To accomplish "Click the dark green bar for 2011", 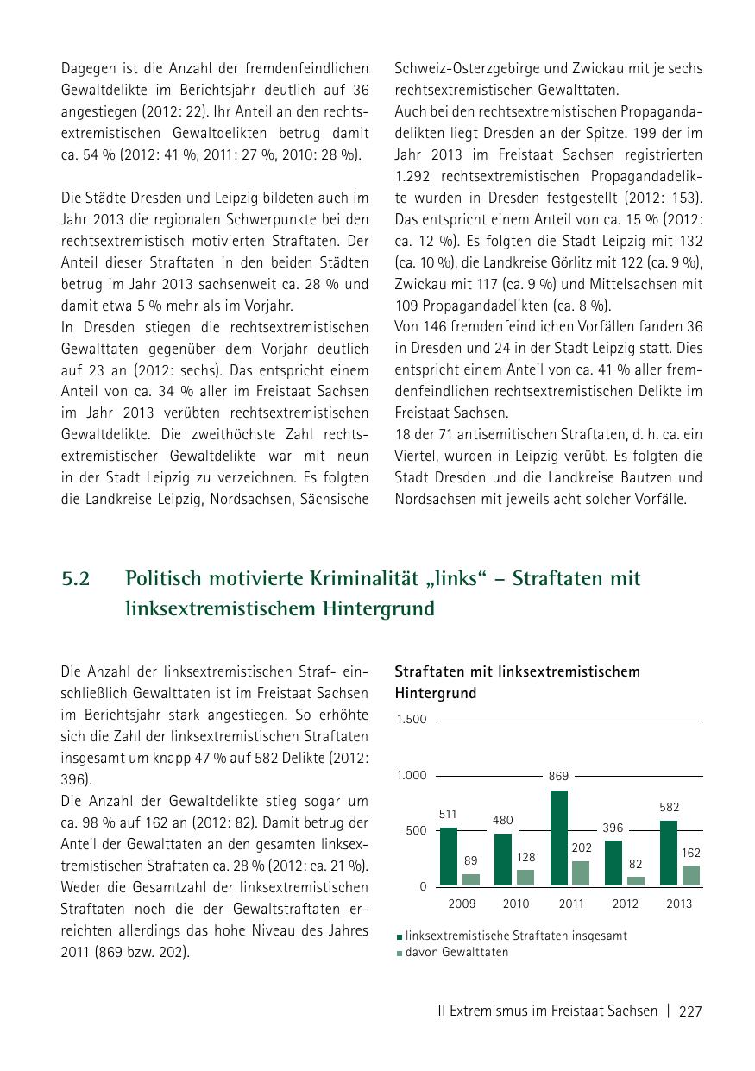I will pyautogui.click(x=559, y=838).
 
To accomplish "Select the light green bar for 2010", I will pyautogui.click(x=525, y=878).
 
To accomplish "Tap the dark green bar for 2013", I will pyautogui.click(x=669, y=853).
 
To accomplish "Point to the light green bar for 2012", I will pyautogui.click(x=636, y=881).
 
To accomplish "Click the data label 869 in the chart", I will pyautogui.click(x=558, y=777).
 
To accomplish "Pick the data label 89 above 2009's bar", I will pyautogui.click(x=470, y=860).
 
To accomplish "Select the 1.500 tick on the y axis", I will pyautogui.click(x=412, y=720).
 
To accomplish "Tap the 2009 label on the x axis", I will pyautogui.click(x=462, y=904).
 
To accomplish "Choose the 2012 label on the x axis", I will pyautogui.click(x=626, y=904).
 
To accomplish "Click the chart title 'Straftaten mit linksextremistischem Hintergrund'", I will pyautogui.click(x=517, y=682).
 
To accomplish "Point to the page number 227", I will pyautogui.click(x=691, y=1011).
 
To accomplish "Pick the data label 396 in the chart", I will pyautogui.click(x=613, y=828).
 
